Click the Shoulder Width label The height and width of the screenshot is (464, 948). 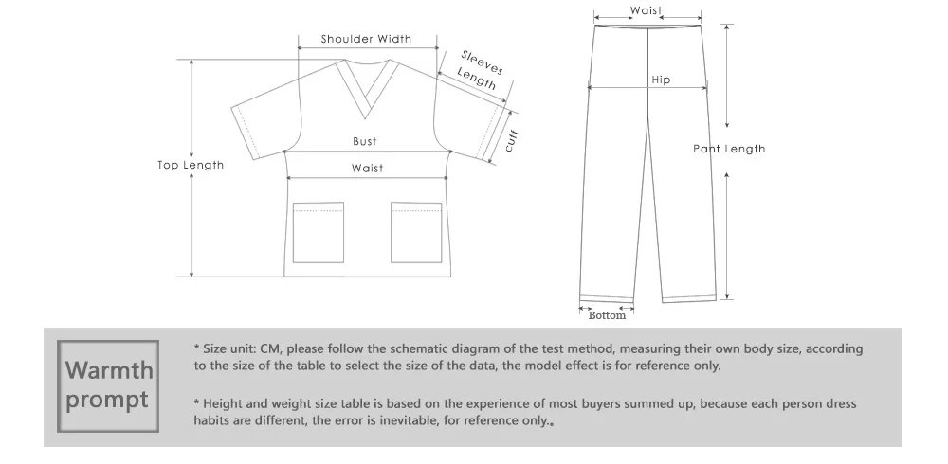coord(366,39)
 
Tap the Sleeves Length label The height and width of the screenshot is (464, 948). coord(480,69)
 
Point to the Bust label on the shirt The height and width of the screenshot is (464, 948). coord(365,141)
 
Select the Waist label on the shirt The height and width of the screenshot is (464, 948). coord(367,168)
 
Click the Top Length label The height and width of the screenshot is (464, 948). coord(191,165)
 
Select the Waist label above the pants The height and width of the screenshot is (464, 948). coord(647,10)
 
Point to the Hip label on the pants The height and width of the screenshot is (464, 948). coord(661,80)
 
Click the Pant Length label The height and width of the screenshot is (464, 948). coord(729,149)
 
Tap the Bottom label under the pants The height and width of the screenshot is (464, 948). coord(608,315)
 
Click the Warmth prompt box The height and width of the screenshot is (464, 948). coord(107,384)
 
